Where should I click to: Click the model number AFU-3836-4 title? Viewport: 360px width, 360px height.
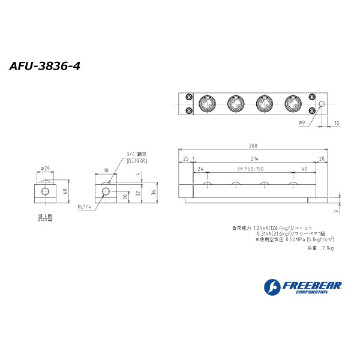[44, 65]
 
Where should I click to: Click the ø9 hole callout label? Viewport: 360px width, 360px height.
[301, 123]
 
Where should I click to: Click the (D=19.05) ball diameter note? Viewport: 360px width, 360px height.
[137, 161]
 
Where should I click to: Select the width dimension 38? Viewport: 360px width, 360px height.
[106, 170]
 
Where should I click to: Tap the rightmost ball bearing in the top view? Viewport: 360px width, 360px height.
[293, 104]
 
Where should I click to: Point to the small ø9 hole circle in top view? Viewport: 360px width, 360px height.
[322, 104]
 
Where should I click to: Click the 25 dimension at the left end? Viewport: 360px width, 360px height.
[185, 159]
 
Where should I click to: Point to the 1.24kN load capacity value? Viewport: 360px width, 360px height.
[262, 227]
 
